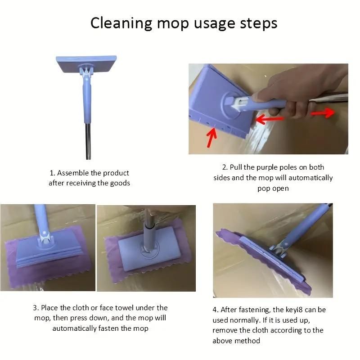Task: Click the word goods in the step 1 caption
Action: [x=120, y=183]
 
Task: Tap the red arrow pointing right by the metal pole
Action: [x=323, y=112]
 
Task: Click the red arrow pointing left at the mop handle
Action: [x=270, y=119]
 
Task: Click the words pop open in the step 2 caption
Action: [x=273, y=188]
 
